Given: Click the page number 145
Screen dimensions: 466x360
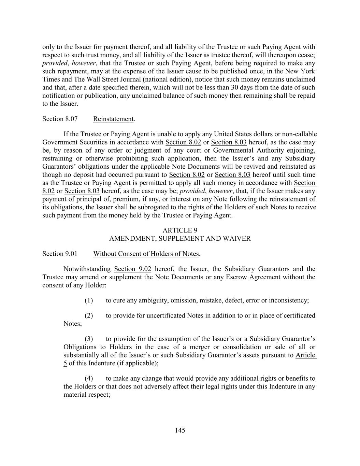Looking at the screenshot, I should coord(180,430).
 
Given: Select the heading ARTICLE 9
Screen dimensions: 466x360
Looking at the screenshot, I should coord(180,230).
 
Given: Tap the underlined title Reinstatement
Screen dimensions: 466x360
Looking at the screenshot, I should coord(113,119).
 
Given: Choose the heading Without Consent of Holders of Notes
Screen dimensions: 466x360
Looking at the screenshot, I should coord(146,254).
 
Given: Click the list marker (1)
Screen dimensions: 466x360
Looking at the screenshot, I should coord(89,300).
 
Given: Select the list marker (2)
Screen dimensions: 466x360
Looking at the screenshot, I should coord(89,315).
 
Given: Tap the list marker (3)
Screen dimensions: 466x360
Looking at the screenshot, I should coord(89,339).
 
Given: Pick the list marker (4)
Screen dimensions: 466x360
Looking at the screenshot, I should coord(89,378).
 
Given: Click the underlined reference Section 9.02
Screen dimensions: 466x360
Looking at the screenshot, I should coord(133,269).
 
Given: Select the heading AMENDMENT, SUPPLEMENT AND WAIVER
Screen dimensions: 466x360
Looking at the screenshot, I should coord(180,239).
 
